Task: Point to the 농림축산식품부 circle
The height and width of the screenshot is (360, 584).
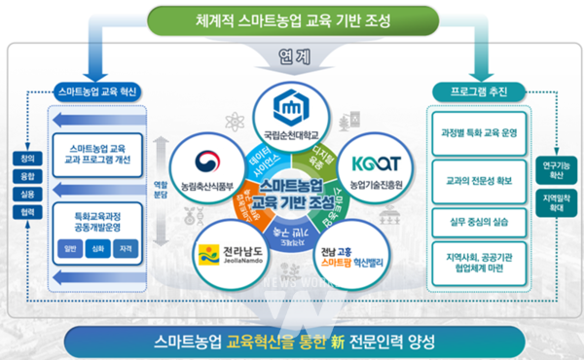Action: (204, 161)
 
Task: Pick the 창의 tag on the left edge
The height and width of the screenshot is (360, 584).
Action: (22, 158)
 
